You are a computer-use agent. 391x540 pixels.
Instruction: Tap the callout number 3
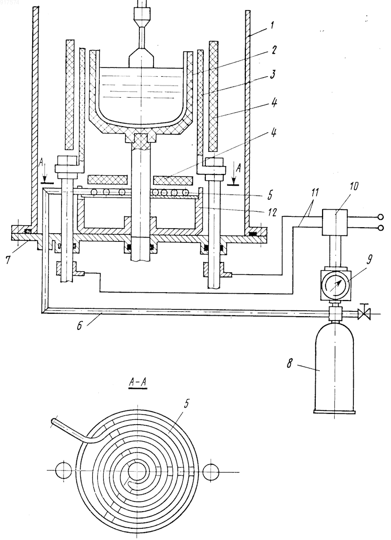click(x=273, y=75)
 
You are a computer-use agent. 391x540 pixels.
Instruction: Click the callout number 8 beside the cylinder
click(x=290, y=364)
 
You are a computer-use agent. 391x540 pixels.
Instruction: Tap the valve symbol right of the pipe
click(x=364, y=314)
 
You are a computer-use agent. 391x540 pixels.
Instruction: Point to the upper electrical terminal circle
click(x=380, y=217)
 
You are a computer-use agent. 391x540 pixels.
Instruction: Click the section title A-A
click(x=138, y=382)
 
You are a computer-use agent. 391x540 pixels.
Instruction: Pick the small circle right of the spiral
click(x=211, y=471)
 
